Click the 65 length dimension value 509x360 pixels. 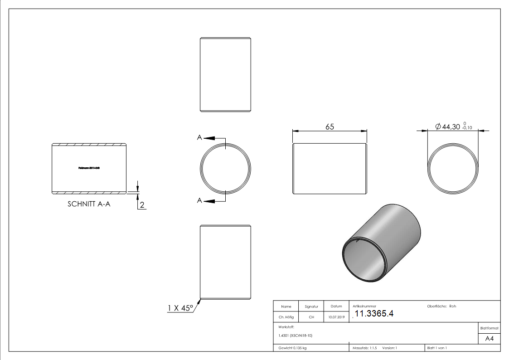point(330,127)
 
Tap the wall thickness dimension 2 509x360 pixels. point(142,205)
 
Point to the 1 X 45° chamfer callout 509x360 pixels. point(180,308)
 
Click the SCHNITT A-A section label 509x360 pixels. point(89,204)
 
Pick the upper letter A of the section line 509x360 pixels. point(199,137)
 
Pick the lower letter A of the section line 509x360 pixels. point(199,200)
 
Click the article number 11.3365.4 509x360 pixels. point(374,314)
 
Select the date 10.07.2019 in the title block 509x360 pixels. point(336,317)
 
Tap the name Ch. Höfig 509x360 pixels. point(286,317)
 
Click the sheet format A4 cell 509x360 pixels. point(490,339)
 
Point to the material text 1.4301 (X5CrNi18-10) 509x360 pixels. point(296,336)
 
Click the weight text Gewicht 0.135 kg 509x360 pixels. point(292,348)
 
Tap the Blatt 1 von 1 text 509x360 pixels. point(437,348)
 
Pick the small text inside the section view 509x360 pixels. point(89,168)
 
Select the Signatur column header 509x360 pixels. point(311,306)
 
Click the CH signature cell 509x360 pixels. point(311,317)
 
